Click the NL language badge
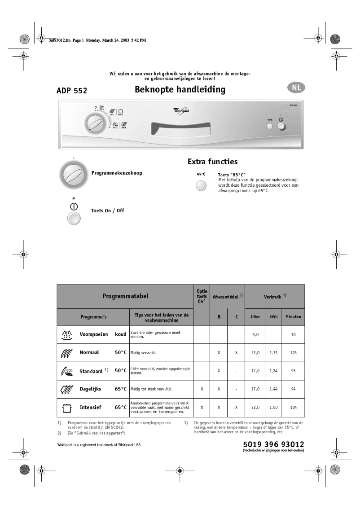[296, 88]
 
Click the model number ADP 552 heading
[72, 91]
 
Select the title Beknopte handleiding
[180, 89]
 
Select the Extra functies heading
[212, 162]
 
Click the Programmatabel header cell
[125, 296]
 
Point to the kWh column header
[273, 317]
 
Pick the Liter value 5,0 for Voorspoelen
[255, 335]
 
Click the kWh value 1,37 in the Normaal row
[273, 353]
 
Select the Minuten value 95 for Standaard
[293, 371]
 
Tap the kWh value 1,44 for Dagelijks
[273, 389]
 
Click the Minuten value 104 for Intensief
[293, 408]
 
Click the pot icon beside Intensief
[66, 408]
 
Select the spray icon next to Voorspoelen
[66, 334]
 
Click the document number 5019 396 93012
[273, 444]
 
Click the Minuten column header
[293, 317]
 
